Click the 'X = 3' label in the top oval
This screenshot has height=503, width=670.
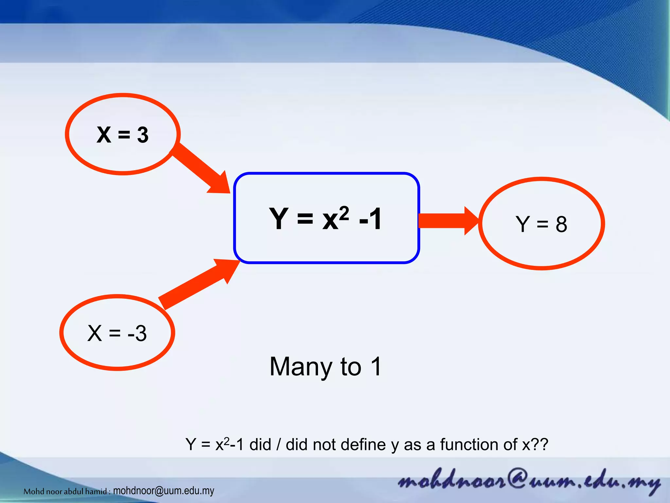(123, 135)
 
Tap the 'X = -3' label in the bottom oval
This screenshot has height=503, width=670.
(117, 333)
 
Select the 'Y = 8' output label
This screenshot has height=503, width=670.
(541, 224)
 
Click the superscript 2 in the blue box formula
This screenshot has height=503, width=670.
(344, 214)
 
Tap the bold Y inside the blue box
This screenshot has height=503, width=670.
(279, 218)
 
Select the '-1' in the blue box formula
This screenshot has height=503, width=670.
(370, 219)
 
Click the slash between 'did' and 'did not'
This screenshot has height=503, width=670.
(278, 445)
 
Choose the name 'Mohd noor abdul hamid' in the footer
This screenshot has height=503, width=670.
(65, 491)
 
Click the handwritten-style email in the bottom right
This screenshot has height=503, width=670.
(528, 481)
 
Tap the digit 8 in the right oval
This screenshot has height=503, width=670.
(561, 225)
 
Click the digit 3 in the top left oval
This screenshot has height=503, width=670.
(143, 135)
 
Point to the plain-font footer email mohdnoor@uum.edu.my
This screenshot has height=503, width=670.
(164, 491)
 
